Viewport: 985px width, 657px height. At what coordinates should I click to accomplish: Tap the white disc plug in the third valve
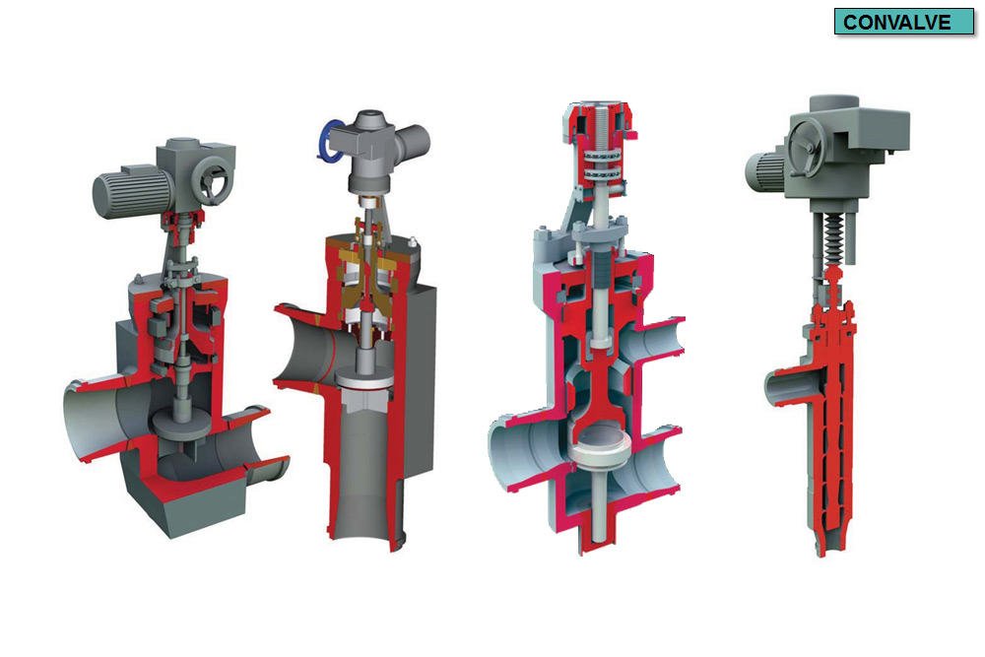[x=601, y=442]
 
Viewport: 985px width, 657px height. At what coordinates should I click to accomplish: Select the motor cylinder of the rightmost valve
[x=764, y=173]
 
